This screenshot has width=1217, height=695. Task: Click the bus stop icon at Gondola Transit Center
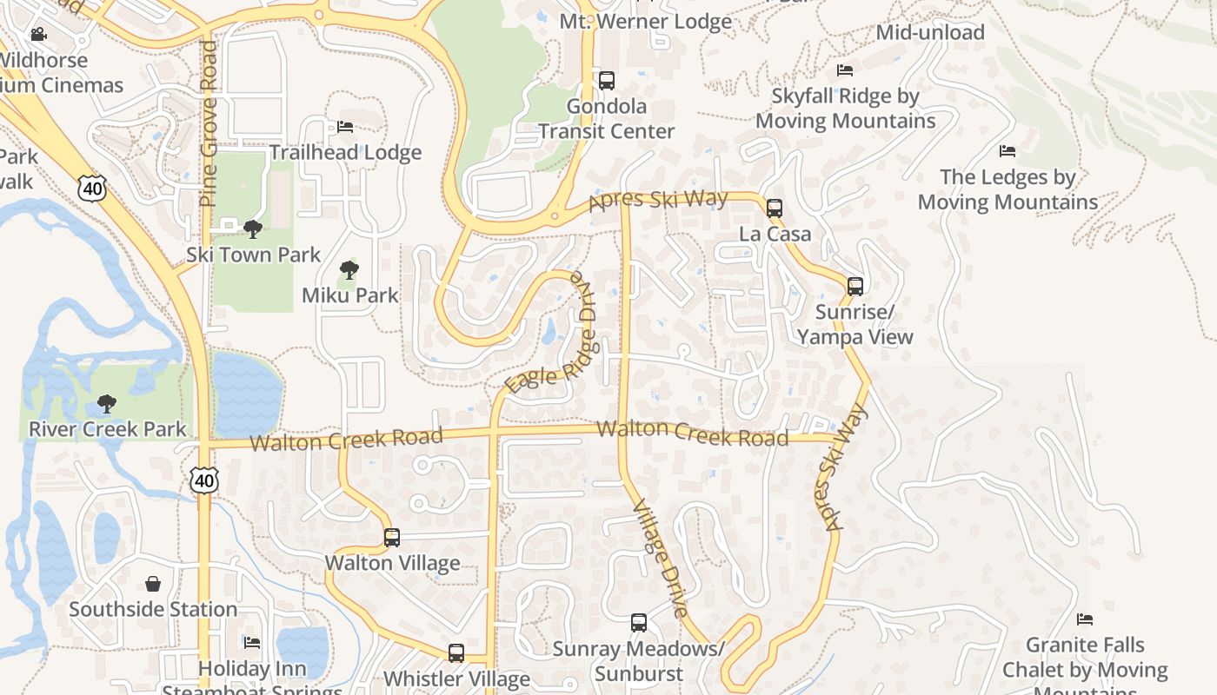tap(607, 81)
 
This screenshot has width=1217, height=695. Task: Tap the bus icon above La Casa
tap(774, 208)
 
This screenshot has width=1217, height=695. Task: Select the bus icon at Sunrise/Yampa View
tap(855, 286)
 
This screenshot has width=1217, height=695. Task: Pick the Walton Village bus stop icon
tap(392, 538)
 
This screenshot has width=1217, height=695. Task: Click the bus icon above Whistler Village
tap(456, 653)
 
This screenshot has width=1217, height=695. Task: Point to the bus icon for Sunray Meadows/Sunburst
tap(639, 623)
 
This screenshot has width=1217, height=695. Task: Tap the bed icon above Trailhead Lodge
tap(345, 127)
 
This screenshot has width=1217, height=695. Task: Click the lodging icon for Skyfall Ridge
tap(845, 70)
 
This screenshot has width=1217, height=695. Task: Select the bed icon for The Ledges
tap(1008, 151)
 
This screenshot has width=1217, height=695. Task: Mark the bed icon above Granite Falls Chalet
tap(1085, 619)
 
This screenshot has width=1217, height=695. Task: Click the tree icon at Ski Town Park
tap(253, 229)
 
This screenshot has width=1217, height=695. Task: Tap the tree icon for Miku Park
tap(349, 269)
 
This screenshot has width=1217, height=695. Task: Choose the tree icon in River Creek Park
tap(107, 404)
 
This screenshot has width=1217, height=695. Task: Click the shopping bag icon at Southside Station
tap(153, 584)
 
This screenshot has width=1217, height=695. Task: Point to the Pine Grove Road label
tap(208, 123)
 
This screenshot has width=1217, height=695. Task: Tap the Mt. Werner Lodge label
tap(645, 21)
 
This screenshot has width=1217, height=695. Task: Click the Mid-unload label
tap(930, 33)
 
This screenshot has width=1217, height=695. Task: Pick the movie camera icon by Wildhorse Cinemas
tap(38, 35)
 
